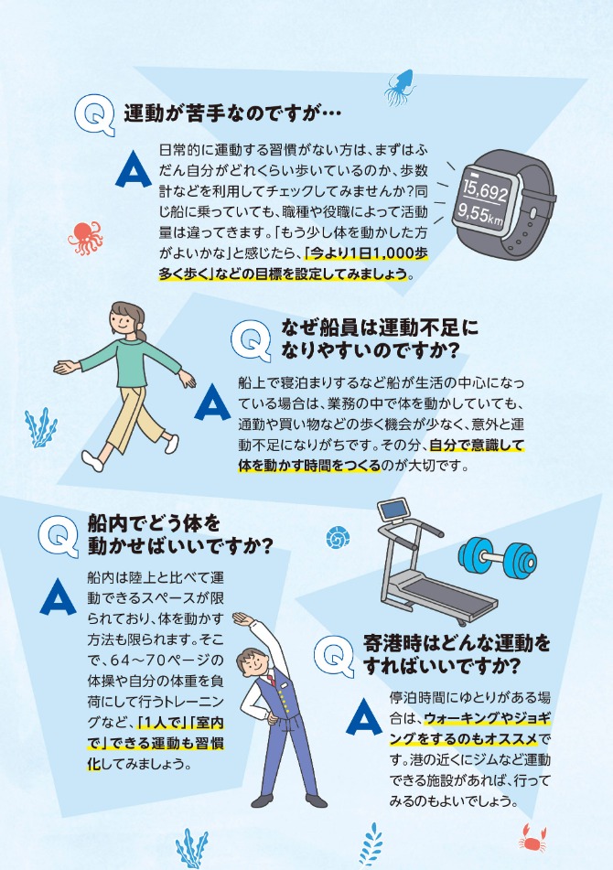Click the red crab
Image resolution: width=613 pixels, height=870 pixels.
[532, 836]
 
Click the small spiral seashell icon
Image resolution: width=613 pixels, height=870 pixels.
[341, 537]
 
